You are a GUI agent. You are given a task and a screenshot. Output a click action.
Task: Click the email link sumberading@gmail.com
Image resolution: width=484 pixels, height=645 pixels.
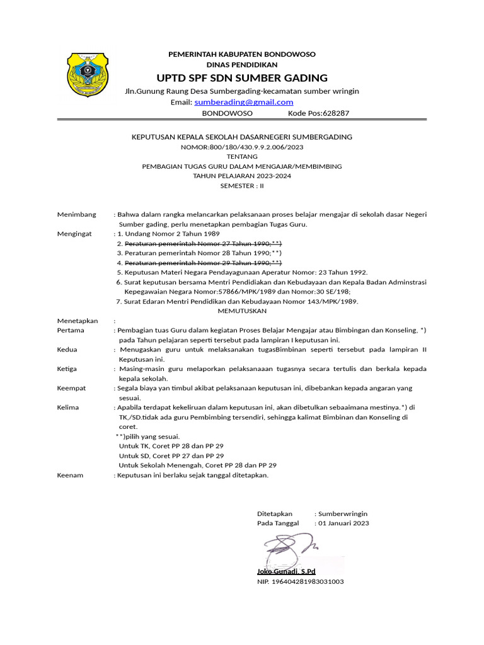(244, 102)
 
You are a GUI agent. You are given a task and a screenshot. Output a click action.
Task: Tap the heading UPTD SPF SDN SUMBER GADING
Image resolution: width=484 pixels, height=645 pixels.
(242, 77)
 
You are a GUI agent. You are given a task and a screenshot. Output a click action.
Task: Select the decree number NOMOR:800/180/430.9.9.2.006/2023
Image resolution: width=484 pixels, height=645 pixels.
(242, 147)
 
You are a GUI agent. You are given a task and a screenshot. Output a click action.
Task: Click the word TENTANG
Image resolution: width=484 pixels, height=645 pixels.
(242, 156)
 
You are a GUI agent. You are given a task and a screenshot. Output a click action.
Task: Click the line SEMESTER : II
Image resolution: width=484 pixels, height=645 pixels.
(242, 186)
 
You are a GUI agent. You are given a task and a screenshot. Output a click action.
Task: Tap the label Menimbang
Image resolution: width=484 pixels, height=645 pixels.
(77, 215)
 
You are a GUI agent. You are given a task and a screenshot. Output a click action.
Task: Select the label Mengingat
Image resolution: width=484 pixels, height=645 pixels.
(74, 234)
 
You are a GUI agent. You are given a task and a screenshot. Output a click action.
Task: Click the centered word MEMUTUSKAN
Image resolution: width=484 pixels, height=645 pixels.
(242, 311)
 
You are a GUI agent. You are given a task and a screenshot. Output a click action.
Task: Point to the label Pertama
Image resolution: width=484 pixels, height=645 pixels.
(70, 330)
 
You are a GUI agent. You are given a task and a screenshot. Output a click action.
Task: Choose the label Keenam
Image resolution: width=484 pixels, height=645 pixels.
(70, 475)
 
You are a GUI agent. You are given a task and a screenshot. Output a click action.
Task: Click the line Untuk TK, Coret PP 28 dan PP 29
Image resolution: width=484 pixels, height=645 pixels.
(171, 446)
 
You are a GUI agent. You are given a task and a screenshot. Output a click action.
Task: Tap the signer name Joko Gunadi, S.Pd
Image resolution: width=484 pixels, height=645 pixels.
(286, 571)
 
